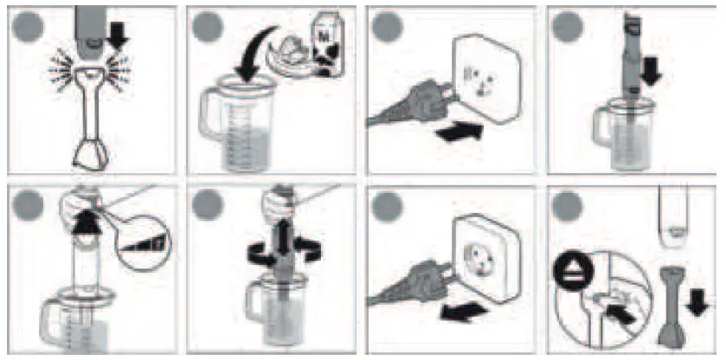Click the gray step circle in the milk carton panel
[x=209, y=26]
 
